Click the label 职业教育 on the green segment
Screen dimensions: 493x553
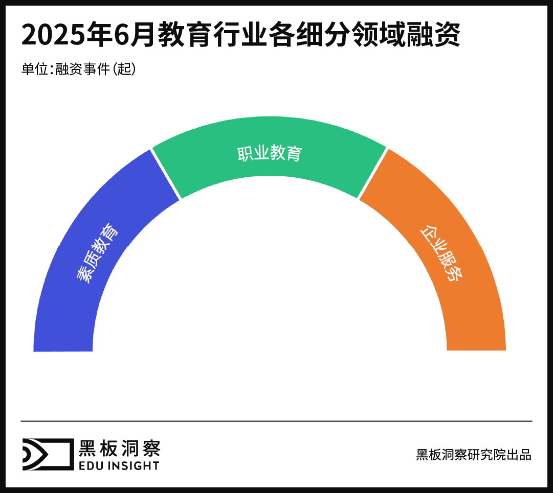(270, 153)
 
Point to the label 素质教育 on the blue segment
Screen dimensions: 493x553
(97, 253)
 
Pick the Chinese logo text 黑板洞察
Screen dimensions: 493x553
(119, 448)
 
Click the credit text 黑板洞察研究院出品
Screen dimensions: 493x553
(474, 455)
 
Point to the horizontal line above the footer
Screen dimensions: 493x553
(276, 421)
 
